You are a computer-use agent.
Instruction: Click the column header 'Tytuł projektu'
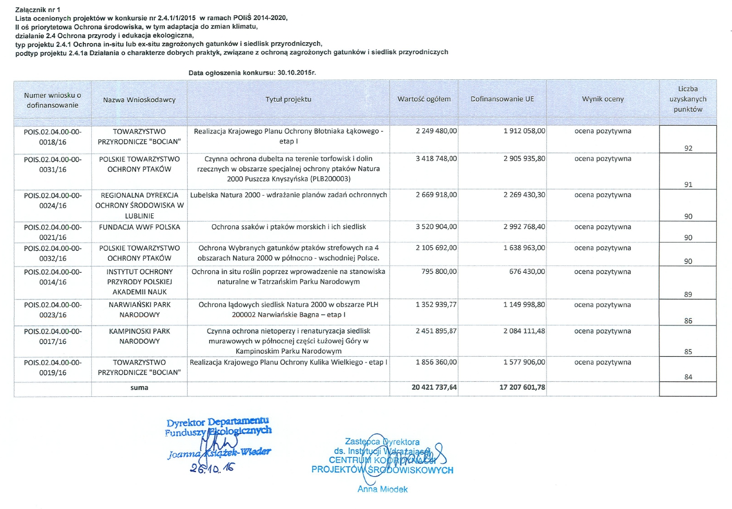click(288, 99)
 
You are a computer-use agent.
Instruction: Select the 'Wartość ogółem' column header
click(424, 99)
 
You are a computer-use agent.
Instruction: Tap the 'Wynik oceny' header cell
click(603, 99)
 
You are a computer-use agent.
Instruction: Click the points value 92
click(688, 148)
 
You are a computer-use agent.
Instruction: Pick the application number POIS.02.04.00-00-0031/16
click(53, 164)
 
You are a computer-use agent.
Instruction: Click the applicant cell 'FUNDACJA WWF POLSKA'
click(139, 227)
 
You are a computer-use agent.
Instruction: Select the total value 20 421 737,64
click(434, 387)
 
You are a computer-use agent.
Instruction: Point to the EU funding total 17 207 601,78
click(522, 387)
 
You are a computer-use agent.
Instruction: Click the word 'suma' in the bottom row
click(139, 387)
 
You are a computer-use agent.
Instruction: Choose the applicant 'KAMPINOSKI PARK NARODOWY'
click(139, 336)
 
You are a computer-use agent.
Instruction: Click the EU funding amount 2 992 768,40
click(524, 227)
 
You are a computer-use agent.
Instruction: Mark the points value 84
click(688, 377)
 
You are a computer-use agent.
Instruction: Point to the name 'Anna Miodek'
click(382, 489)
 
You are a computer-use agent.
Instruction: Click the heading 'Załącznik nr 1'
click(38, 9)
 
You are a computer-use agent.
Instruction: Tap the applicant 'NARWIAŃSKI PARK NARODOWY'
click(139, 310)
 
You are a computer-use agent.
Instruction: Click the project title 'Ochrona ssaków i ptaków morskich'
click(288, 227)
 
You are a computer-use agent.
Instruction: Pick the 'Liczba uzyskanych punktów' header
click(688, 99)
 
